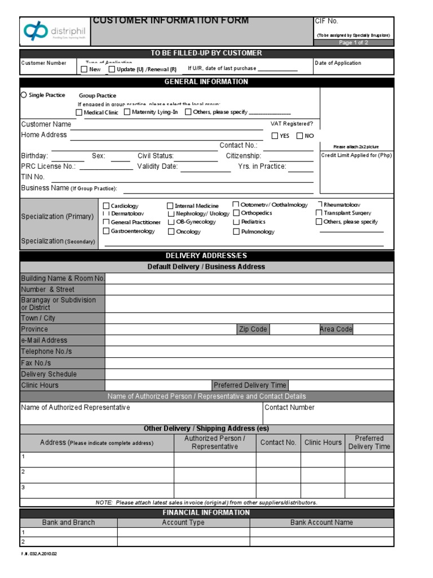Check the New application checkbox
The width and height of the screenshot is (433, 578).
[x=85, y=69]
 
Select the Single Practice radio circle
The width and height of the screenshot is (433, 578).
[x=24, y=95]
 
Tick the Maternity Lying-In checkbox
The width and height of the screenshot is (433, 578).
[x=127, y=112]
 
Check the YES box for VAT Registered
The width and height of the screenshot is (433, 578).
[x=275, y=135]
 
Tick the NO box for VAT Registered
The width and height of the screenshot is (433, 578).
[x=299, y=135]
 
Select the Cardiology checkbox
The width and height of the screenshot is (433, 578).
[x=106, y=206]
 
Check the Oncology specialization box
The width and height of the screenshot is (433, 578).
[x=170, y=231]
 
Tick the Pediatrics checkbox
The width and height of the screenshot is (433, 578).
[x=236, y=222]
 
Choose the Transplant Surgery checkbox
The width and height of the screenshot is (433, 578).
[x=319, y=213]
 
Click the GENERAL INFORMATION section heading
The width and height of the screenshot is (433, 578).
[x=206, y=82]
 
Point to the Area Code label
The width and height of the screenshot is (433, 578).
[x=336, y=329]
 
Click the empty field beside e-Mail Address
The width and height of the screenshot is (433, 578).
[x=249, y=340]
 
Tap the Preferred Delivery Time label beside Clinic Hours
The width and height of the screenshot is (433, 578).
[x=250, y=385]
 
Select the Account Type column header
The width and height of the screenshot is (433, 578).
[x=183, y=523]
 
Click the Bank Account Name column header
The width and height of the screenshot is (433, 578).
[x=321, y=523]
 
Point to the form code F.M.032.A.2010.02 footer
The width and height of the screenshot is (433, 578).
[x=39, y=554]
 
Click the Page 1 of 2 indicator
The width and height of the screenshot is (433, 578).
[x=354, y=43]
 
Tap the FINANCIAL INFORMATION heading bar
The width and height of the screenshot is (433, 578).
[x=206, y=513]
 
